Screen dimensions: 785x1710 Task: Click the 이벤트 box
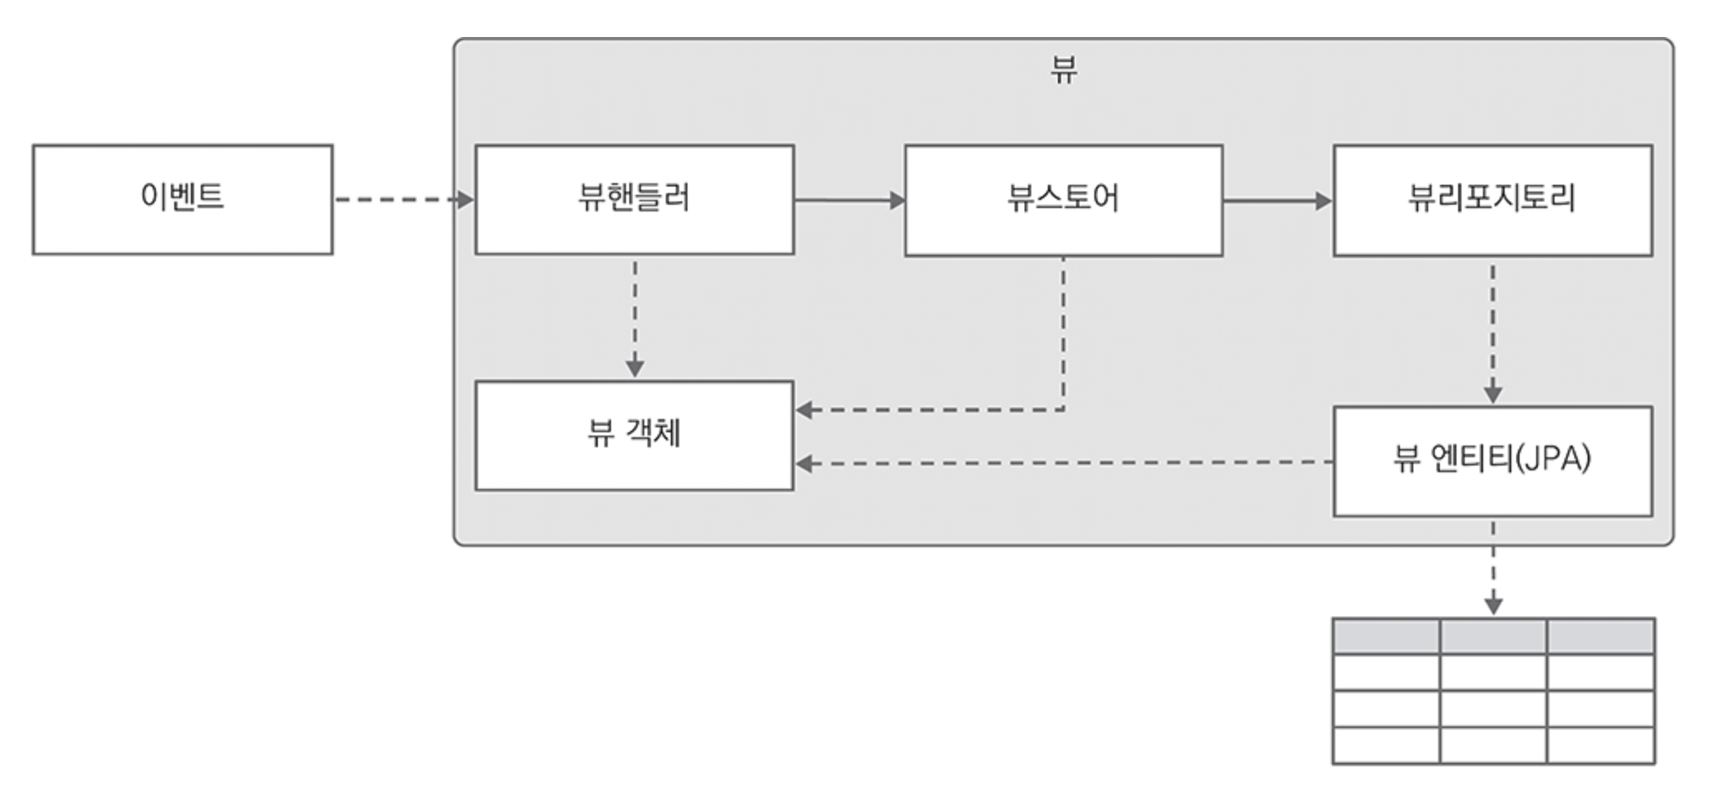182,199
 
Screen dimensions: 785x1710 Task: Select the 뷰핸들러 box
634,199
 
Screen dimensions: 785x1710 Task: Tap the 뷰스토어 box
1063,200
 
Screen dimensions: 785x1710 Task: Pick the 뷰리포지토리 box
1492,200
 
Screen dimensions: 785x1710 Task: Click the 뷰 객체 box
634,435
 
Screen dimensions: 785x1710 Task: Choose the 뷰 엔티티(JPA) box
1492,461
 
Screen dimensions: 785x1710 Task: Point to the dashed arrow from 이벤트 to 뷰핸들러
402,200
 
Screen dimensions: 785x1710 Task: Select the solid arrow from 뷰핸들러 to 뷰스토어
849,200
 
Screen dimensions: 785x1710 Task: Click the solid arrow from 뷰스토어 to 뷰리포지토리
1277,201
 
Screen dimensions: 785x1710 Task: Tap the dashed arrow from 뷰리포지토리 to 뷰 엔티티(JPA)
1492,332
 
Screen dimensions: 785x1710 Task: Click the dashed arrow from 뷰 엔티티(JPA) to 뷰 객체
1062,462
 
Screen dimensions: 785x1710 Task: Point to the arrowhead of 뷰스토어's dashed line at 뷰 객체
805,410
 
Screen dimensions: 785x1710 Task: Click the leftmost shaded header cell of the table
1386,636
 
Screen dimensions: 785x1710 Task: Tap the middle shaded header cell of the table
1493,636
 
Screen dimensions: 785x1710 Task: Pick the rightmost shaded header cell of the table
1600,636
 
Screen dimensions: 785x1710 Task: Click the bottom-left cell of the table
1386,745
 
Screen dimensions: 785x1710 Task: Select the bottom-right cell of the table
1600,745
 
